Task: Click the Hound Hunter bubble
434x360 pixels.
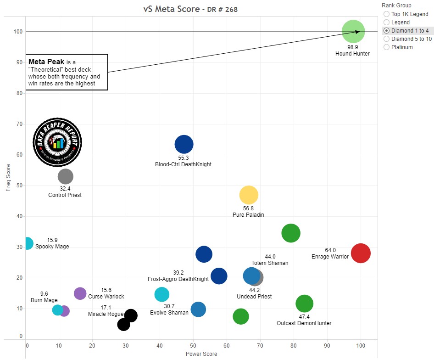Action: click(x=353, y=32)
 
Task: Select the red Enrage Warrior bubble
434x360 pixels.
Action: click(x=361, y=253)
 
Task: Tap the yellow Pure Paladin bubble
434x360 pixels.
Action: click(x=249, y=195)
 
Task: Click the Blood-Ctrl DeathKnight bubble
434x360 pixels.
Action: click(x=184, y=144)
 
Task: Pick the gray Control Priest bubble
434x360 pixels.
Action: click(x=66, y=176)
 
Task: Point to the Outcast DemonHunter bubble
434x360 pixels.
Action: click(x=304, y=304)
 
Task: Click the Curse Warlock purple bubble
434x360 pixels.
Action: click(x=80, y=293)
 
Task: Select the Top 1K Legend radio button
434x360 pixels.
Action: click(x=386, y=14)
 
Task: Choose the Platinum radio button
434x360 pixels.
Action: click(x=386, y=47)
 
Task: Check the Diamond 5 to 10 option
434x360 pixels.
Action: click(x=386, y=39)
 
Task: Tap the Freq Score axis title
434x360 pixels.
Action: click(x=7, y=178)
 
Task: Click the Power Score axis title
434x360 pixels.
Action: click(x=201, y=354)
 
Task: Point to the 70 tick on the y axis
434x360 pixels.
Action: click(x=20, y=124)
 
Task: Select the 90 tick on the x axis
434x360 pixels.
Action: click(x=327, y=345)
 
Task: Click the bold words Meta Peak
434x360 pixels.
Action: click(x=46, y=62)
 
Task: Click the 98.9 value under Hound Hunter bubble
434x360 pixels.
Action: click(x=352, y=47)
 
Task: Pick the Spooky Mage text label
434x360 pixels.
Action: click(x=52, y=247)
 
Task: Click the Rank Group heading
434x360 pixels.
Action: click(x=396, y=6)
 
